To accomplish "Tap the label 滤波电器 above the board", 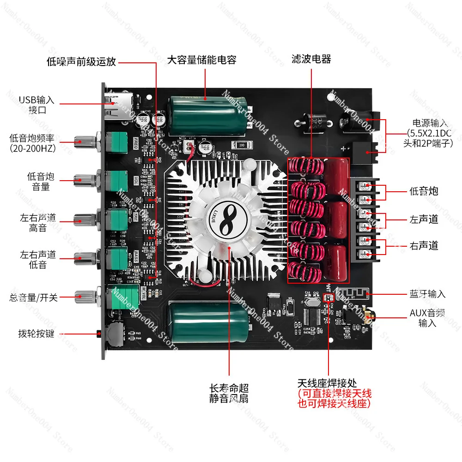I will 311,59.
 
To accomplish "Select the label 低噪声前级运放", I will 81,61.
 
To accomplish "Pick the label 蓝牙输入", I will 427,294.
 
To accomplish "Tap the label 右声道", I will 424,246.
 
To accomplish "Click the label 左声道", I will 424,219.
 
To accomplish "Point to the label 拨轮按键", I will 36,333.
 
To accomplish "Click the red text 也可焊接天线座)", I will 335,403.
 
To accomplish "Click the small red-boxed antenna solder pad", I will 329,298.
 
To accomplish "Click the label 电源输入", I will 430,123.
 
